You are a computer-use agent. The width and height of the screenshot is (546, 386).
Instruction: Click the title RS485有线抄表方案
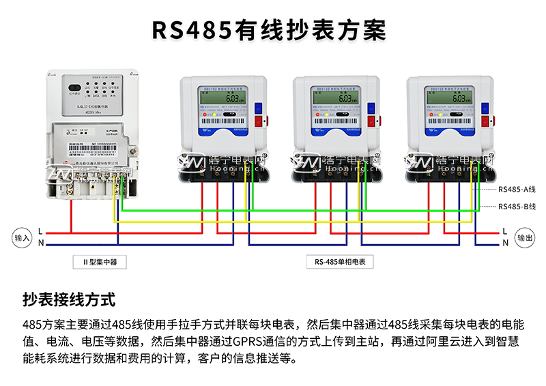click(x=268, y=31)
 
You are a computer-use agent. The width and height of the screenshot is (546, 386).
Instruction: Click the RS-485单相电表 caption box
click(x=340, y=261)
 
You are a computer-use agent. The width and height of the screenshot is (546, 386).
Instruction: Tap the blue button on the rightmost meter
click(x=486, y=107)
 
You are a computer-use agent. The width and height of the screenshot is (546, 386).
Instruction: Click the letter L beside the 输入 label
click(x=41, y=231)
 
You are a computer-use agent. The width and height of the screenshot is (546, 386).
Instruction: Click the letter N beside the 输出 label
click(x=506, y=243)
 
